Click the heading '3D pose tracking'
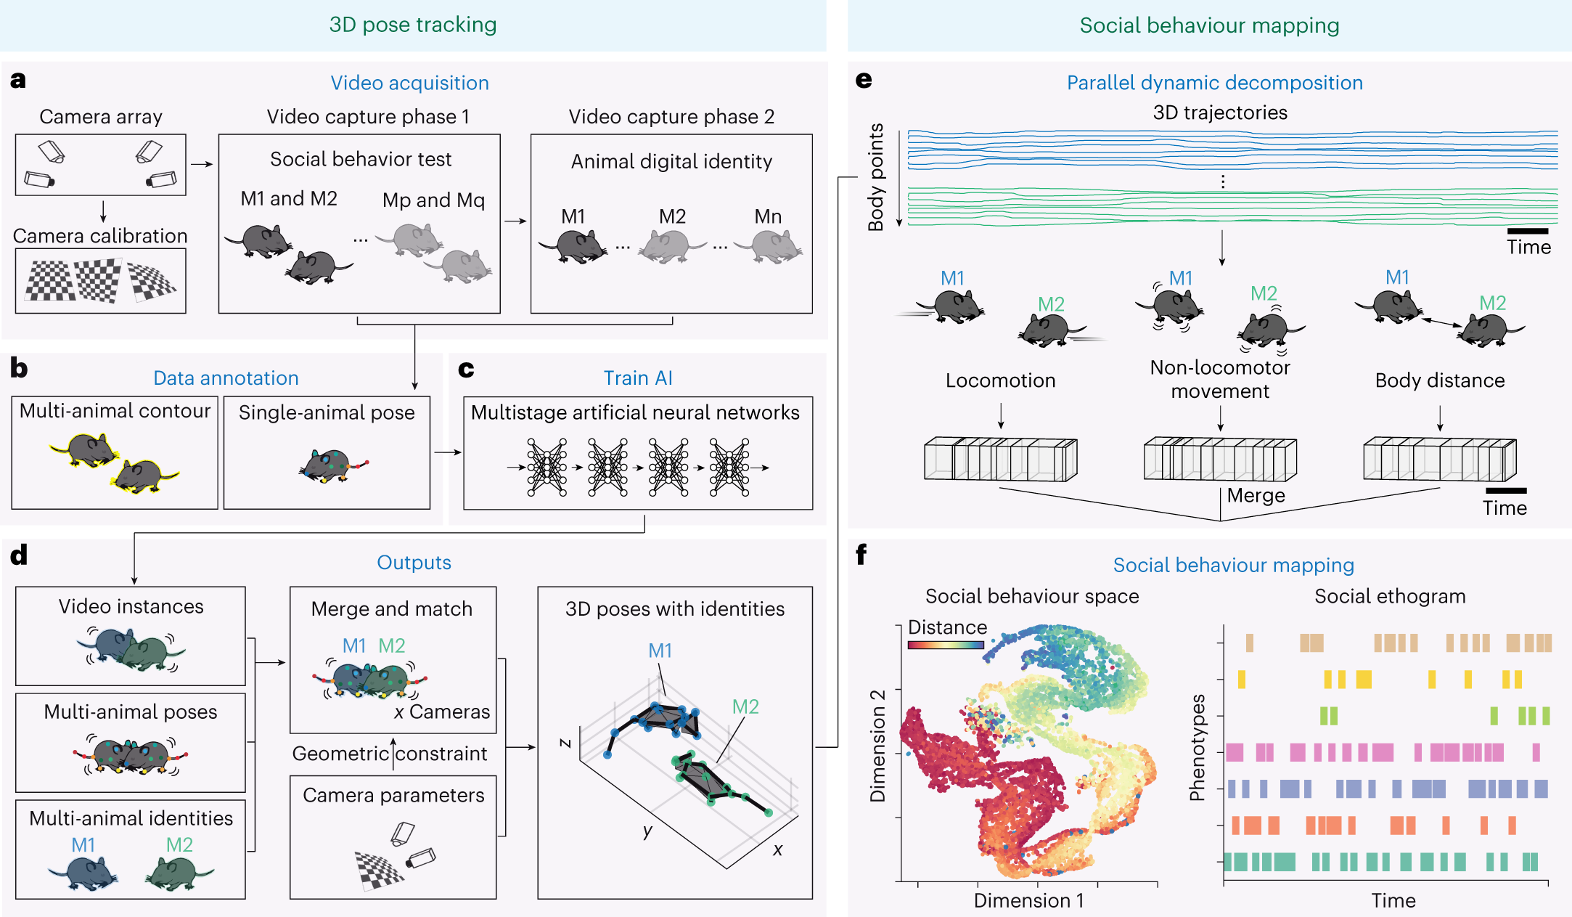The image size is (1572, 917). (412, 25)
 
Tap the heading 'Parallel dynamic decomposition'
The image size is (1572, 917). (1214, 83)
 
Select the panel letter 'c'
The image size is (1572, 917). (466, 370)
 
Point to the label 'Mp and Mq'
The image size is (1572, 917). (433, 200)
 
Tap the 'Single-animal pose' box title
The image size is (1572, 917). (327, 412)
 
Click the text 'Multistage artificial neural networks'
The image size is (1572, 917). (635, 412)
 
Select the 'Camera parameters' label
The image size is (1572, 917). (393, 795)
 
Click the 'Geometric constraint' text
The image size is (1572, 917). (390, 754)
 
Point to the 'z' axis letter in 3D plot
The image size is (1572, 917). (565, 742)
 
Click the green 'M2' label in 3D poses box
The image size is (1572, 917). (745, 706)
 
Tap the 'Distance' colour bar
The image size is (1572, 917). (946, 644)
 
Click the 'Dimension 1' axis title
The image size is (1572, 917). (1028, 900)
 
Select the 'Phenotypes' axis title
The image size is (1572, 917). (1197, 747)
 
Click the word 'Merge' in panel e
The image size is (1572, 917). (1256, 495)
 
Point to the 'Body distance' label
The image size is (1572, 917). (1439, 380)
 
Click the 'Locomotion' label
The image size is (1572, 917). (1000, 380)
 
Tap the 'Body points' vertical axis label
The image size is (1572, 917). (876, 177)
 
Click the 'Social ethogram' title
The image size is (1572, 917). (1390, 596)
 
